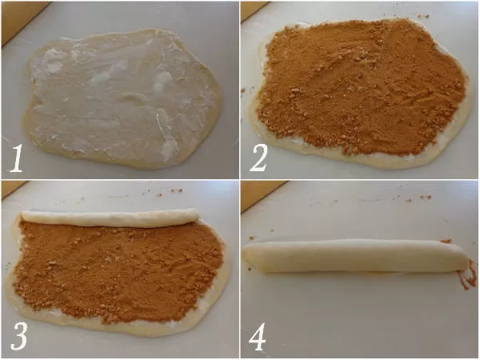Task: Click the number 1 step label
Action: coord(16,158)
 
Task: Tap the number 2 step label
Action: coord(259,158)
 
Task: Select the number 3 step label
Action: coord(19,336)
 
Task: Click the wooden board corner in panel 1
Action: coord(18,18)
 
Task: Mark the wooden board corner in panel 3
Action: coord(12,187)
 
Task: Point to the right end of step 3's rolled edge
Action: coord(197,215)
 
